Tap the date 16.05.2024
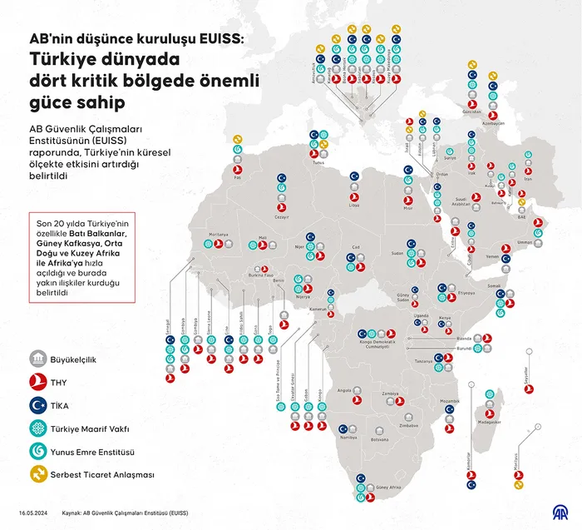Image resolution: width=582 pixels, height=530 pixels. point(37,513)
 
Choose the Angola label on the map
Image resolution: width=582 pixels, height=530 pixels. point(343,390)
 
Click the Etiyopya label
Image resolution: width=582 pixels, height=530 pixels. point(466,293)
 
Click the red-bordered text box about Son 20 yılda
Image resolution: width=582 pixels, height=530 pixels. point(78,258)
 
